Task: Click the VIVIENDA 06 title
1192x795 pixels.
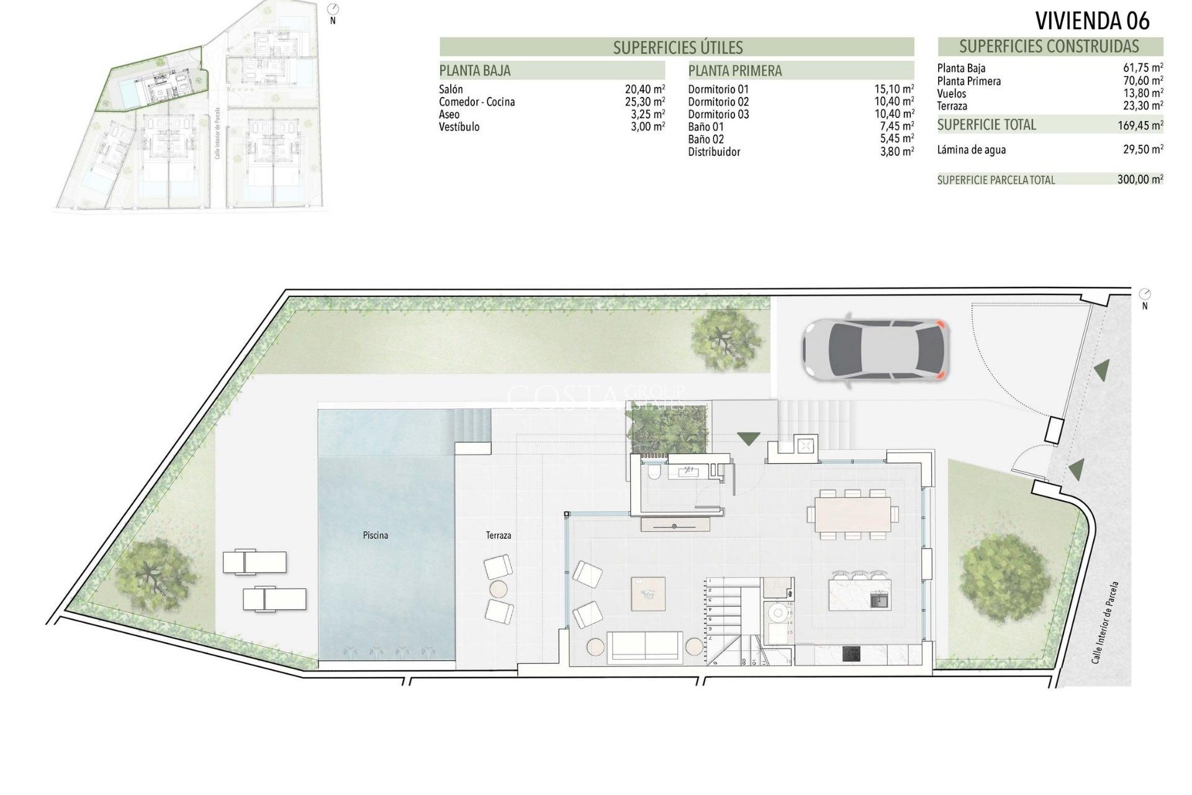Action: [x=1092, y=20]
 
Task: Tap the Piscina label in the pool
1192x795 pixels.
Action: [x=376, y=535]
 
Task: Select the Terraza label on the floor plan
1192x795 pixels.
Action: [x=499, y=535]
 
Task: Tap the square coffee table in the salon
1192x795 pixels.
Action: [x=648, y=594]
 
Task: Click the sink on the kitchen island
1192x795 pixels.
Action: [x=879, y=600]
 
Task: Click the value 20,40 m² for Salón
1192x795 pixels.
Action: [x=644, y=89]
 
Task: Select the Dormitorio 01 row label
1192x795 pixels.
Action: [x=718, y=89]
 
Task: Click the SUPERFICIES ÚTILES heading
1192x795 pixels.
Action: [x=677, y=48]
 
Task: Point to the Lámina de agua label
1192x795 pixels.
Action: [x=971, y=150]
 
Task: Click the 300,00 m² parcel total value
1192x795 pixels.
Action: [x=1140, y=180]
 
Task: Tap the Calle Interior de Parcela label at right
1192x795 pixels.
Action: [x=1105, y=630]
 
